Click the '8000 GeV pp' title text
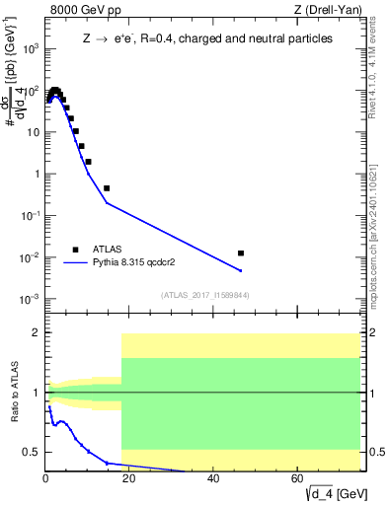(x=84, y=11)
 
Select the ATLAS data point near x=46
(x=241, y=253)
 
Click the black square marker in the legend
(x=76, y=250)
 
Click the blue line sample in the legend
(x=76, y=263)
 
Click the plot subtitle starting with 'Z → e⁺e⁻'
(x=206, y=38)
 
